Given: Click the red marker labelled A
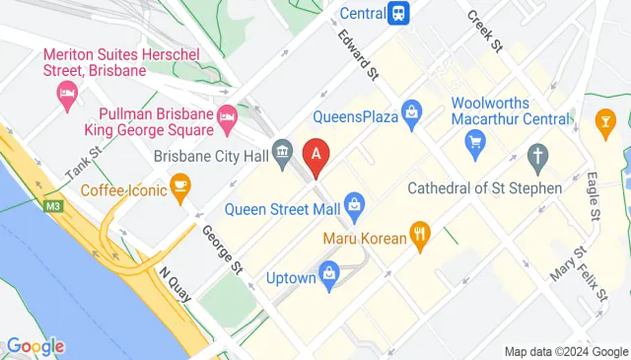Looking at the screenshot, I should click(x=315, y=156).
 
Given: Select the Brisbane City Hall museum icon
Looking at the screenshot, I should click(x=283, y=152).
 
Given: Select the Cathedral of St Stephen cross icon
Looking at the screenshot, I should click(x=537, y=155).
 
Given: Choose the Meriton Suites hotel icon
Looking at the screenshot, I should click(x=68, y=97).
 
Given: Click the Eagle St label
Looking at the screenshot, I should click(x=593, y=196).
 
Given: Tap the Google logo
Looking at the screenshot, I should click(x=35, y=345).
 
